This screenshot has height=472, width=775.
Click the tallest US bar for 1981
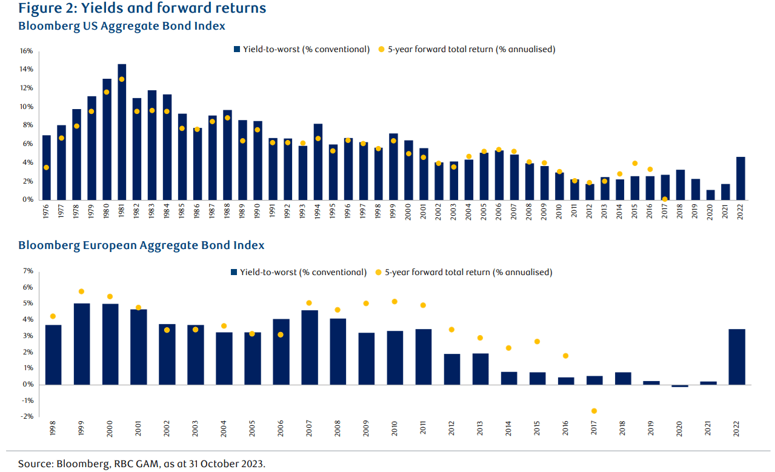[x=122, y=132]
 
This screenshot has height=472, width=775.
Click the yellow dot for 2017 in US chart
[x=665, y=199]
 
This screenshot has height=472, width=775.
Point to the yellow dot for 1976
[x=46, y=167]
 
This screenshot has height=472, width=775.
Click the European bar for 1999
[x=82, y=344]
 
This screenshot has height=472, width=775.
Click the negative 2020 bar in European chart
[x=680, y=386]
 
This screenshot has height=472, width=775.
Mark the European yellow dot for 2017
[x=594, y=411]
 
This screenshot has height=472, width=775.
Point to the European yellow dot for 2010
[x=394, y=301]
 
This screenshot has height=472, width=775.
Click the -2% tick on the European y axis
[x=27, y=417]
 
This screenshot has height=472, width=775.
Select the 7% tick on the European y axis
[x=28, y=271]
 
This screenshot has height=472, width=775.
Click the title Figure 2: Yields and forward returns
[x=142, y=8]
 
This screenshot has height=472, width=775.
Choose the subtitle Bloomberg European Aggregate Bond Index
[x=141, y=245]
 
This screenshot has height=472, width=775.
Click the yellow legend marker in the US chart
[x=381, y=49]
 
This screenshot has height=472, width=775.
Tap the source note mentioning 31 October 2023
[x=141, y=464]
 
